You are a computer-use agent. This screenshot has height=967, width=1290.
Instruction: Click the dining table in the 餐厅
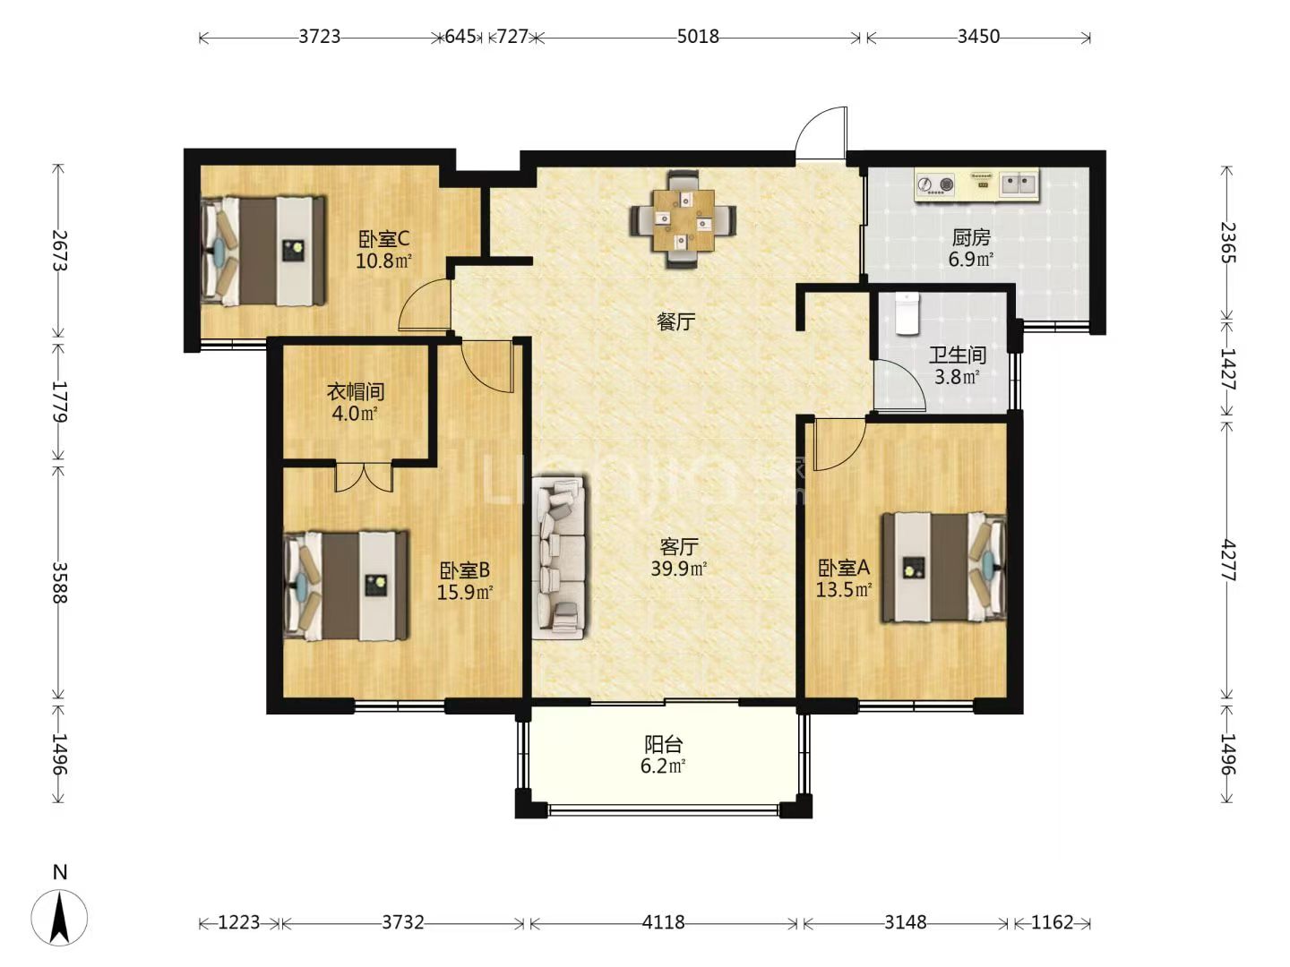pyautogui.click(x=684, y=219)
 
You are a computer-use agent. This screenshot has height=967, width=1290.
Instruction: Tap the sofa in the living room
pyautogui.click(x=559, y=557)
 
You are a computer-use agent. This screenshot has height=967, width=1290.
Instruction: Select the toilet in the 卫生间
pyautogui.click(x=907, y=313)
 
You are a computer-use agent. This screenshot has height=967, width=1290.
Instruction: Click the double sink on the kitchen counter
pyautogui.click(x=1019, y=184)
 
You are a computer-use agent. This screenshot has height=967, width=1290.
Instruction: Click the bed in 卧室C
pyautogui.click(x=262, y=251)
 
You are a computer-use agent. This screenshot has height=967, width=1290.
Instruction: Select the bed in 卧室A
pyautogui.click(x=943, y=568)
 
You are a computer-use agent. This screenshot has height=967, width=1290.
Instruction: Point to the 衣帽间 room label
pyautogui.click(x=356, y=391)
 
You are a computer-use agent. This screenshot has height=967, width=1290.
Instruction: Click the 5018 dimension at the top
pyautogui.click(x=698, y=37)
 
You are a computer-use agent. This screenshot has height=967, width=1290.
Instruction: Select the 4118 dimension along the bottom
pyautogui.click(x=663, y=922)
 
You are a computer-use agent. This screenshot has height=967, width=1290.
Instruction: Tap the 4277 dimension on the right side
pyautogui.click(x=1227, y=561)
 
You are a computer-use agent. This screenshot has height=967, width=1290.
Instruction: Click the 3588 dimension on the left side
pyautogui.click(x=59, y=583)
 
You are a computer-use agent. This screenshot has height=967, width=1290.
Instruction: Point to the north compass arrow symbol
pyautogui.click(x=59, y=918)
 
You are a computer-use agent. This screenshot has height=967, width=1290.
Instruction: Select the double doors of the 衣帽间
pyautogui.click(x=364, y=476)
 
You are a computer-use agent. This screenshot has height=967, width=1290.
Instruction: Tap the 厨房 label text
pyautogui.click(x=971, y=238)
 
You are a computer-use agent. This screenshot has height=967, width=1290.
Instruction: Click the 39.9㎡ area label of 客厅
pyautogui.click(x=679, y=569)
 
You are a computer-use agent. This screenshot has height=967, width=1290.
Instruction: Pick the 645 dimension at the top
pyautogui.click(x=460, y=37)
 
